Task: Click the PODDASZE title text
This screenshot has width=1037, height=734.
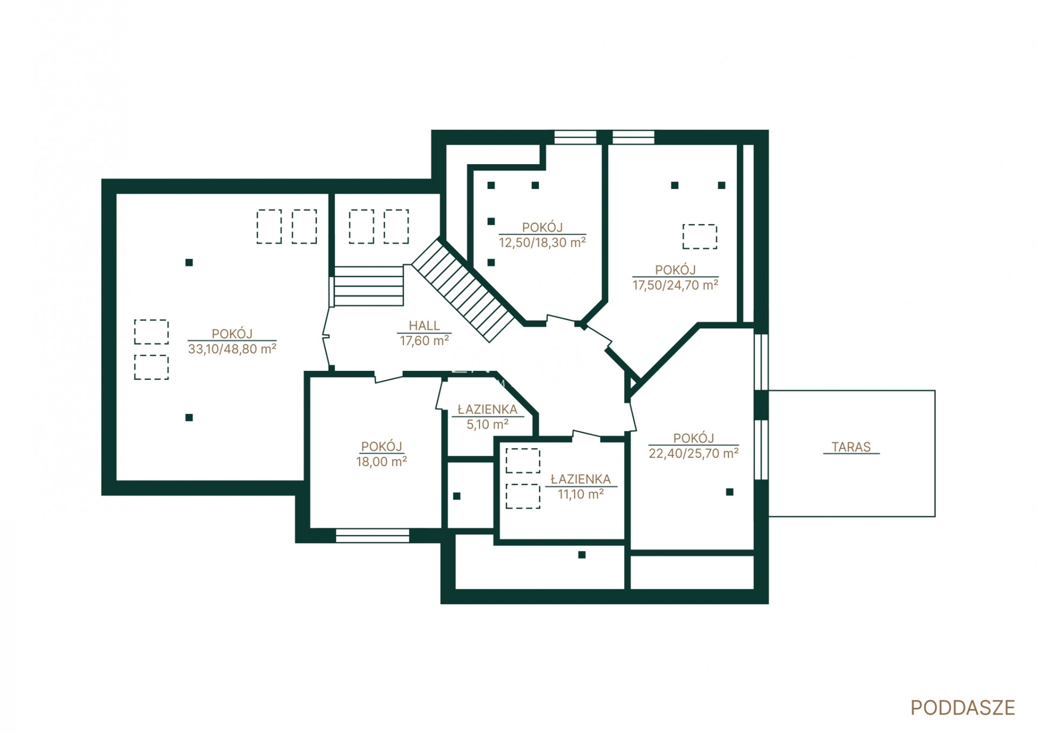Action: [962, 708]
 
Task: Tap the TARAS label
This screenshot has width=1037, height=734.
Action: [851, 447]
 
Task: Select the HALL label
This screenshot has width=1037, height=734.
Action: [424, 326]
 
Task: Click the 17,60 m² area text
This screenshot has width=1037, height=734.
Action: [424, 340]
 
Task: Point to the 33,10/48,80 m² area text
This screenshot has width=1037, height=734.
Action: [232, 349]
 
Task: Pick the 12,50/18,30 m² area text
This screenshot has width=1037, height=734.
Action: [542, 242]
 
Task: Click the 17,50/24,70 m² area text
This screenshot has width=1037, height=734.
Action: [675, 285]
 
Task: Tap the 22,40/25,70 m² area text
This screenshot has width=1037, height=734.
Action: [693, 453]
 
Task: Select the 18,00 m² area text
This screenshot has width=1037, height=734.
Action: [381, 461]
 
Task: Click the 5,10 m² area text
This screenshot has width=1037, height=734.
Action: [487, 424]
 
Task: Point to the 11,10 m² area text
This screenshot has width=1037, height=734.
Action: [581, 494]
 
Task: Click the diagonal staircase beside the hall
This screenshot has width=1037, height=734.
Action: [463, 291]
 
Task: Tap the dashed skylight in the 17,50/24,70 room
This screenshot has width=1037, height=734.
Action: [700, 237]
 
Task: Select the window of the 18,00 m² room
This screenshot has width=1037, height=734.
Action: [372, 535]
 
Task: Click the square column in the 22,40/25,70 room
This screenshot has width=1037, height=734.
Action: [729, 492]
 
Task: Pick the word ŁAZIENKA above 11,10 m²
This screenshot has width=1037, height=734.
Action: [581, 479]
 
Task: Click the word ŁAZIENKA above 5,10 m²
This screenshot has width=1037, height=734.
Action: [487, 410]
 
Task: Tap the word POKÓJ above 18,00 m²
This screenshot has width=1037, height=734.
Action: [381, 447]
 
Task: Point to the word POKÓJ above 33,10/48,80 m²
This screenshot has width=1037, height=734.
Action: [232, 334]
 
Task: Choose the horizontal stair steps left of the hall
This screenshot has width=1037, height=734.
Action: [369, 286]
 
